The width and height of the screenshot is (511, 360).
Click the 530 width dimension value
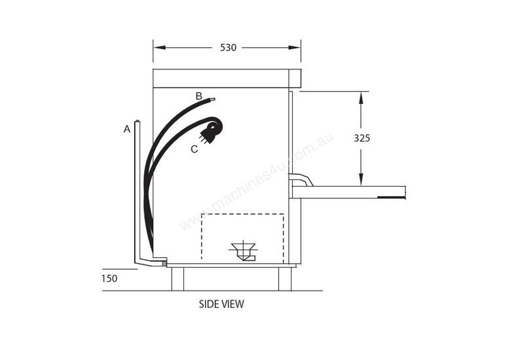(228, 48)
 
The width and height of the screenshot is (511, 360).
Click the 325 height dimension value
(362, 138)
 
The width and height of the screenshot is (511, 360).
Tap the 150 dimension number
(109, 278)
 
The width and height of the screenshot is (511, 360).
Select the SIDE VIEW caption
(221, 304)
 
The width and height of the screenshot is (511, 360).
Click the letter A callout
(127, 130)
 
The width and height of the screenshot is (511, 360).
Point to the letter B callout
(199, 96)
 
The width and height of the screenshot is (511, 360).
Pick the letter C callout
(194, 149)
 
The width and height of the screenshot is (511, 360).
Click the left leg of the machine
(178, 279)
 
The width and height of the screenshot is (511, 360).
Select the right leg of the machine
(284, 279)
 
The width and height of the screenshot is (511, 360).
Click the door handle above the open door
(301, 179)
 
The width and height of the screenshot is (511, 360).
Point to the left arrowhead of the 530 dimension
(158, 48)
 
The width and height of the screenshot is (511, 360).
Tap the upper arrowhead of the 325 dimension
(360, 97)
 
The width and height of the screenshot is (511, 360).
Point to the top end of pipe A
(137, 122)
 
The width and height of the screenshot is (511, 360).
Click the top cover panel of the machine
(226, 79)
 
